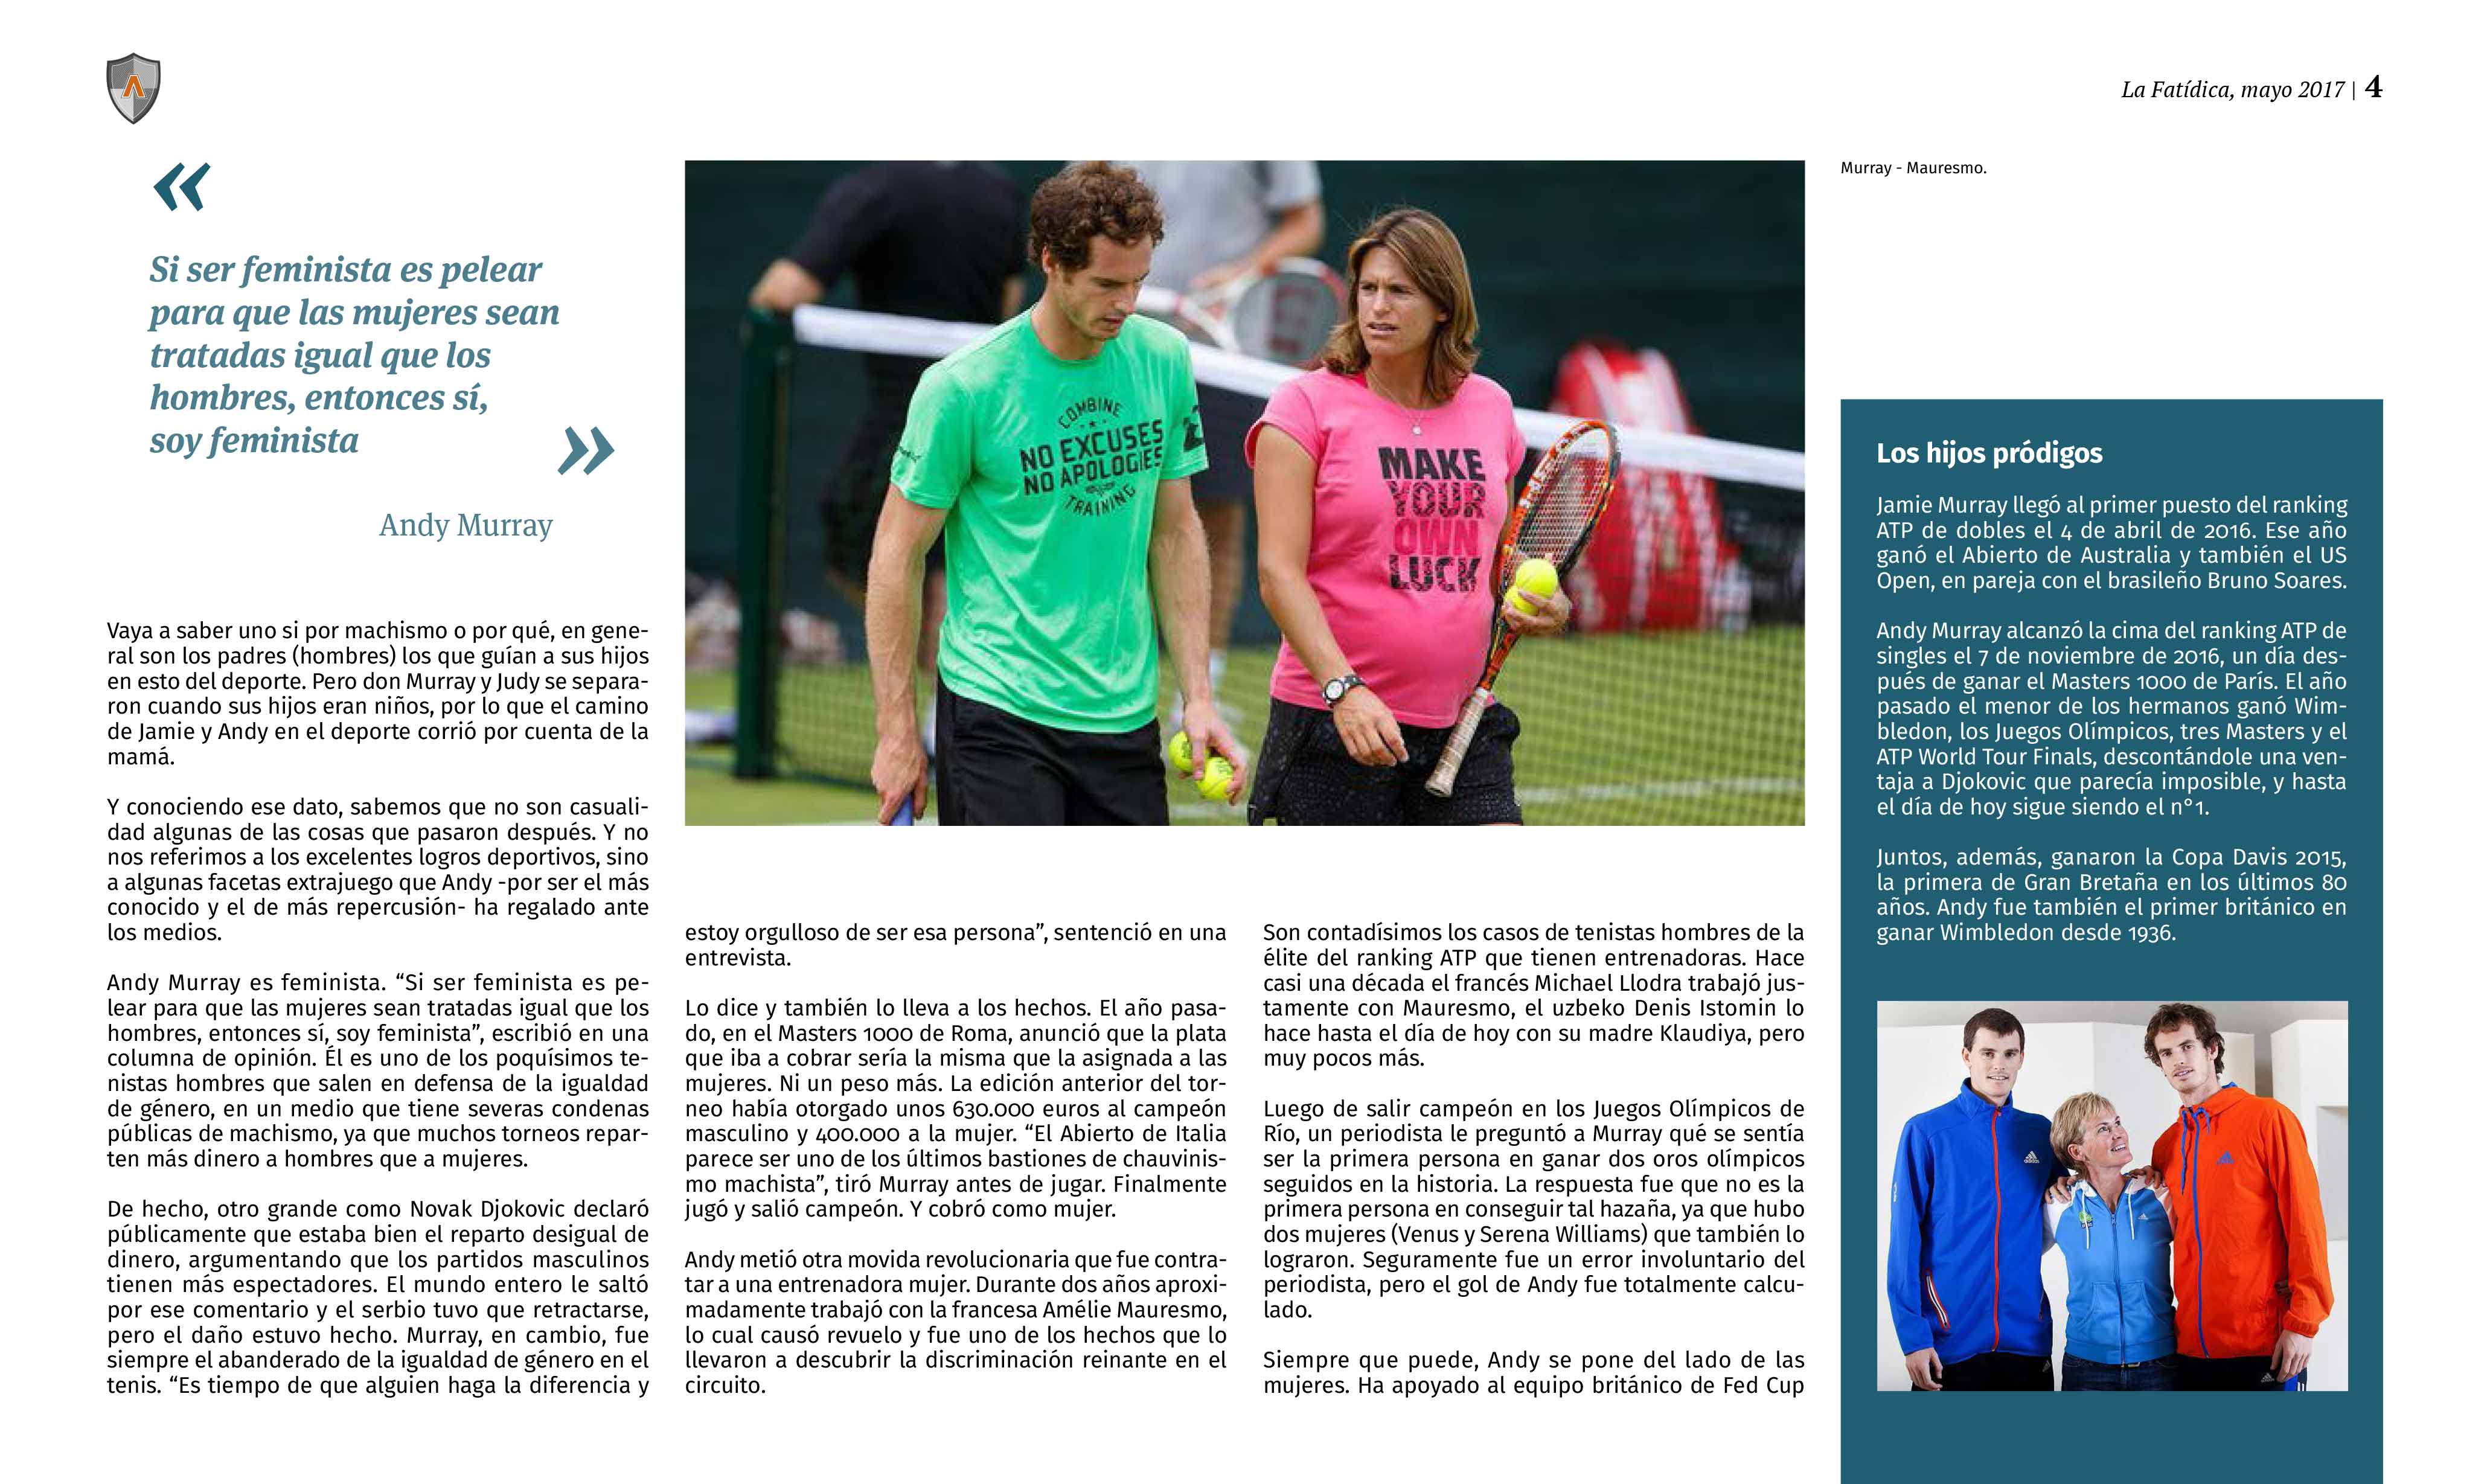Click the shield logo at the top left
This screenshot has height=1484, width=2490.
point(133,88)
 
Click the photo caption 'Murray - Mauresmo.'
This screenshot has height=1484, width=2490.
point(1912,168)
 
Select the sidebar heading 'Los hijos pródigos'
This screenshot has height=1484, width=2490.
point(1988,453)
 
